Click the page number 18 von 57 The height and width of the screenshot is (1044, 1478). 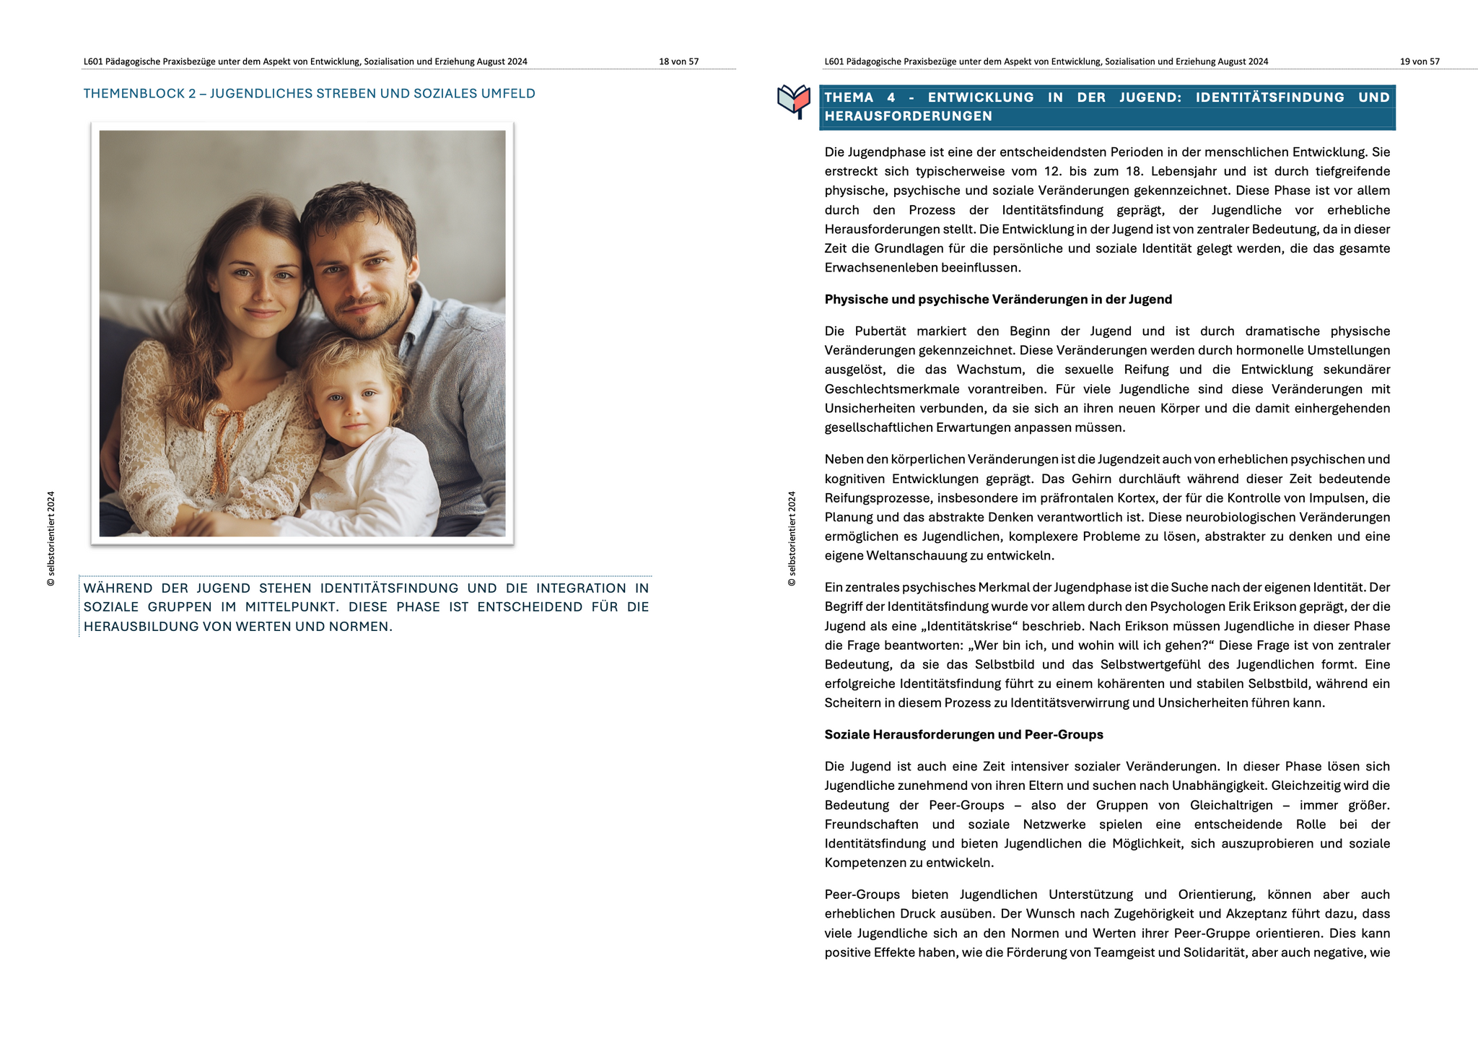click(x=678, y=61)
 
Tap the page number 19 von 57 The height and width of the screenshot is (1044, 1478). click(x=1419, y=61)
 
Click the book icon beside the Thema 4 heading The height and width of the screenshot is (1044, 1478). click(x=793, y=100)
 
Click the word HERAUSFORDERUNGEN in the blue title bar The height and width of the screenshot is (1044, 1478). click(x=908, y=116)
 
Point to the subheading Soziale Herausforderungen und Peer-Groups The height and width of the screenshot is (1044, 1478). click(x=963, y=734)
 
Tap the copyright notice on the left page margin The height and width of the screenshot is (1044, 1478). click(x=51, y=539)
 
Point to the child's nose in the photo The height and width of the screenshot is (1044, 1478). click(x=353, y=412)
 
